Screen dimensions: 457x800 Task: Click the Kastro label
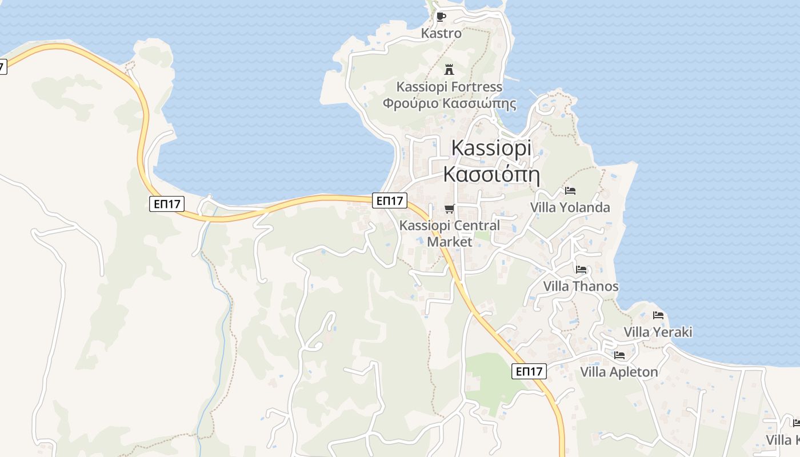pos(441,33)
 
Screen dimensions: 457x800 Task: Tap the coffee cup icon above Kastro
pos(441,17)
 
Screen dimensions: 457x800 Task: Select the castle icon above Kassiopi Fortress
pos(449,70)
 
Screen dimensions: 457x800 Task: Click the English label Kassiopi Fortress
pos(450,87)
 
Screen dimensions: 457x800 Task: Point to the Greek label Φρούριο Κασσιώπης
pos(450,103)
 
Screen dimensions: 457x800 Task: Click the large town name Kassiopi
pos(491,147)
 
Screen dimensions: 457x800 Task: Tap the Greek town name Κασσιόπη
pos(491,173)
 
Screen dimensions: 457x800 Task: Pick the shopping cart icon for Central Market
pos(450,209)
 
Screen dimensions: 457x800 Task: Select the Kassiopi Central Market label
pos(450,233)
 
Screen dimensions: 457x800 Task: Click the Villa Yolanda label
pos(570,207)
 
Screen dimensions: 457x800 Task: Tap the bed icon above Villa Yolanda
pos(570,190)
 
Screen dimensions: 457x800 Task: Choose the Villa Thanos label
pos(581,286)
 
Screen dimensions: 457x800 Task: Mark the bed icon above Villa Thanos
pos(581,269)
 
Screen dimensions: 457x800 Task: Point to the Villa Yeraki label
pos(658,332)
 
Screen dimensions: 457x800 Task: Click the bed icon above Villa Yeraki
pos(658,315)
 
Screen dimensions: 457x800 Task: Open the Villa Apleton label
pos(619,372)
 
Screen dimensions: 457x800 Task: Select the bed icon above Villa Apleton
pos(619,355)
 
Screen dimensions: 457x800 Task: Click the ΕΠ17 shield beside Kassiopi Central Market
pos(390,201)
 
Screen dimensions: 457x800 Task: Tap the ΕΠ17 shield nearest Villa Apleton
pos(529,372)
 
